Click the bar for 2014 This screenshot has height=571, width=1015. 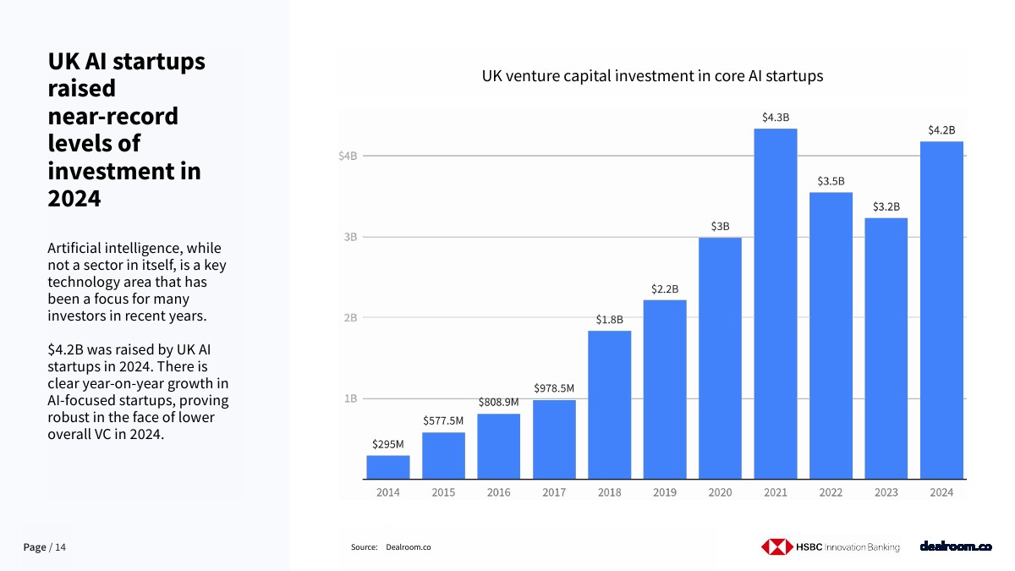click(388, 467)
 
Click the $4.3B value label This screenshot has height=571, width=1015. click(775, 118)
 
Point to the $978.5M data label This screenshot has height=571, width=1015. click(554, 388)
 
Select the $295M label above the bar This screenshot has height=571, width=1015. click(388, 443)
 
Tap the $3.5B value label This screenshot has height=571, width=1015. click(831, 181)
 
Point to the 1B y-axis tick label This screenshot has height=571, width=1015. click(350, 398)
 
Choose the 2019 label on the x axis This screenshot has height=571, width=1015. click(664, 492)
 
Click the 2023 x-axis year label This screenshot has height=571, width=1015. click(886, 492)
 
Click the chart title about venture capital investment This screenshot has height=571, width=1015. click(652, 76)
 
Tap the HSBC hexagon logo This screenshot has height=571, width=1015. click(775, 547)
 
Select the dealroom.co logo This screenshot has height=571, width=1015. click(955, 546)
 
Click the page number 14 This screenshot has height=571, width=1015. click(60, 548)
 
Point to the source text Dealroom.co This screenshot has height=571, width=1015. click(408, 547)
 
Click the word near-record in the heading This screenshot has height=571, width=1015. click(112, 116)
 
